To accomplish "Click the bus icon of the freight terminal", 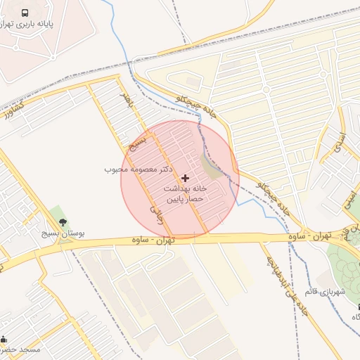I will [26, 13].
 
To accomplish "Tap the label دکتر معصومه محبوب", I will [138, 169].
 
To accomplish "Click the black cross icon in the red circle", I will [185, 178].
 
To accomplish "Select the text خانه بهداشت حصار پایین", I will [184, 194].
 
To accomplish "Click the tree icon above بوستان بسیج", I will [64, 222].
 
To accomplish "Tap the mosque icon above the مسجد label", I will [4, 338].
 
